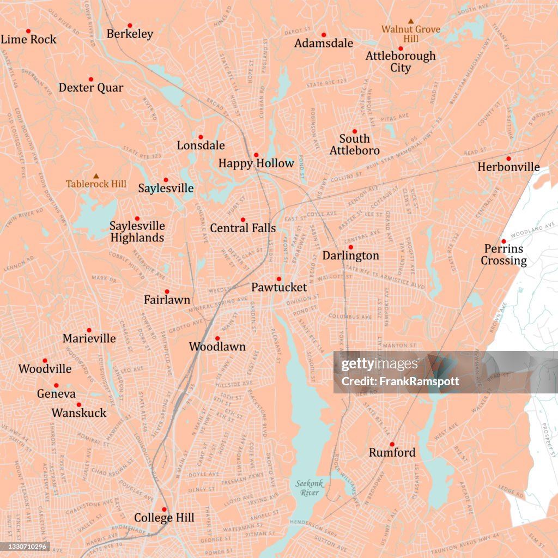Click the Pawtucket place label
(279, 287)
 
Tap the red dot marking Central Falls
(243, 220)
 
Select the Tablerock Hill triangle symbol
(96, 176)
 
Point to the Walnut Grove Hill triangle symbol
(411, 21)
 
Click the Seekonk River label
(309, 488)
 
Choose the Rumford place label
(392, 452)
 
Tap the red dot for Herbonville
(508, 159)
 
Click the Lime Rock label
(28, 39)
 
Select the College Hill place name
(164, 518)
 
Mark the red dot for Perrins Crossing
(504, 241)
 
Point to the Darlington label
(350, 256)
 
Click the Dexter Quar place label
(91, 88)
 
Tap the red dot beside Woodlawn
(217, 338)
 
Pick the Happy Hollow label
(256, 163)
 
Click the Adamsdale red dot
(323, 35)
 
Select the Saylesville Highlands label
(137, 232)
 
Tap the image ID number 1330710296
(26, 547)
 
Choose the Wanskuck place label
(79, 413)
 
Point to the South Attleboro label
(354, 144)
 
